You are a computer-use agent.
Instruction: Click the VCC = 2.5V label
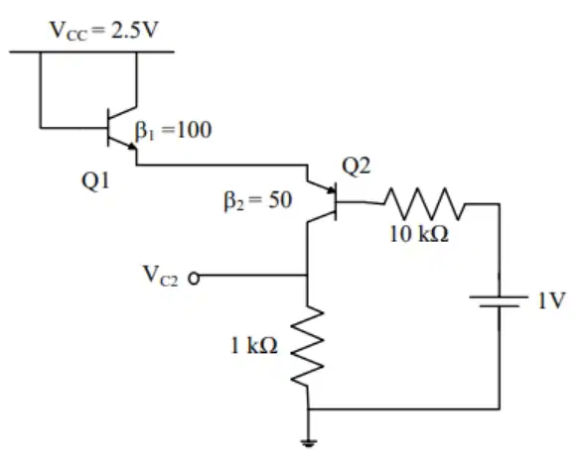point(104,31)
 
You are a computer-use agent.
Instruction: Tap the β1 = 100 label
point(174,131)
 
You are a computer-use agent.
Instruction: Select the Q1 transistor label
point(96,181)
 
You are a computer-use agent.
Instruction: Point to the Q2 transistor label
point(357,166)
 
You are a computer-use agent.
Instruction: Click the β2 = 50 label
point(258,200)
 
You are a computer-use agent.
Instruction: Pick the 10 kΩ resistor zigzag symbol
point(424,203)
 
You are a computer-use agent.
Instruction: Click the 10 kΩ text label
point(419,234)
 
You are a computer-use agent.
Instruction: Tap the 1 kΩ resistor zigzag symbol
point(307,347)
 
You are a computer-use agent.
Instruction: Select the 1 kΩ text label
point(254,345)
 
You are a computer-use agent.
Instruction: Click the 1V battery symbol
point(500,301)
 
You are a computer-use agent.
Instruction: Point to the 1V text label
point(552,300)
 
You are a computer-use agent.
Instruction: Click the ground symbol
point(308,442)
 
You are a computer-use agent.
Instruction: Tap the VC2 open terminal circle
point(194,278)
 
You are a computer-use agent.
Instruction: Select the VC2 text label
point(161,276)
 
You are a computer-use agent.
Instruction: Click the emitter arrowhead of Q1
point(132,147)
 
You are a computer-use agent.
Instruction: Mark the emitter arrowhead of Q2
point(332,190)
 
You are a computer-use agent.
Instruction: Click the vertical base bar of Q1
point(108,128)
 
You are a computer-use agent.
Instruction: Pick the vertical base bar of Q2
point(336,201)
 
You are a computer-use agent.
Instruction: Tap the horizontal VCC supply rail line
point(91,52)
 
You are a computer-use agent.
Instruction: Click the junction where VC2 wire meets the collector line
point(307,276)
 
